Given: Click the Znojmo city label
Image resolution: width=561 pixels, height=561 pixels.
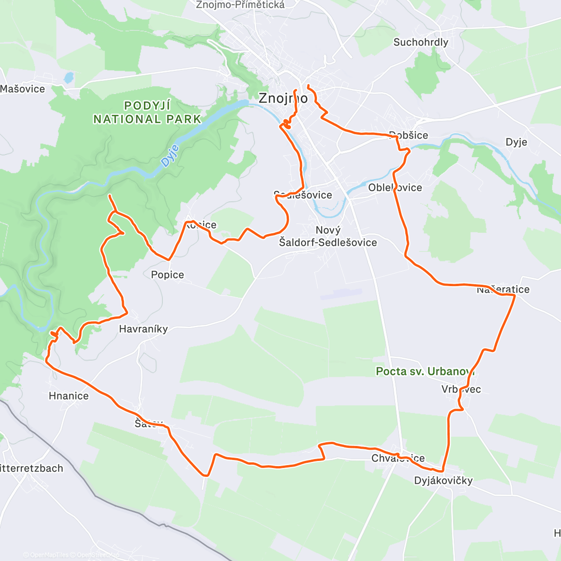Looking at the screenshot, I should coord(283,98).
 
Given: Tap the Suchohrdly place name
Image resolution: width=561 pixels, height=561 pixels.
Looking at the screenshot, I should coord(420,42).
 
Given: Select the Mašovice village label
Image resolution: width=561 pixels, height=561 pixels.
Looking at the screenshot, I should coord(22,89).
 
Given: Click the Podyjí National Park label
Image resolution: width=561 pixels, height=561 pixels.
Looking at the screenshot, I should coord(147,113).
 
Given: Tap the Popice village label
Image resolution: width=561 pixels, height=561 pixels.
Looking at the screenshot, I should coord(167,274).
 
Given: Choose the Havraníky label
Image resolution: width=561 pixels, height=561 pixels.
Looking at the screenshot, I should coord(143,329).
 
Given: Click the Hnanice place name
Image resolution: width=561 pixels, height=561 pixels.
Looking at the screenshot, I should coord(68,396).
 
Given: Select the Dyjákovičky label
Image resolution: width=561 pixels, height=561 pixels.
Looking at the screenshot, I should coord(443,480).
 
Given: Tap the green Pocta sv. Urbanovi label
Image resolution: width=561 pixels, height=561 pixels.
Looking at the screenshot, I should coord(424,371).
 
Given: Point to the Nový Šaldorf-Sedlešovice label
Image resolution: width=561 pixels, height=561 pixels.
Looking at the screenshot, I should coord(328,236).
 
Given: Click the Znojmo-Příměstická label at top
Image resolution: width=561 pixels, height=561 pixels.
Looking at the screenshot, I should coord(240,5).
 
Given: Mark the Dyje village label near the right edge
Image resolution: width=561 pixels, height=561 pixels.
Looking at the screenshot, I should coord(516,142).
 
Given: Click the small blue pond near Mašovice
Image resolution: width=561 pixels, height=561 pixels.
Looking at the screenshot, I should coord(69,77).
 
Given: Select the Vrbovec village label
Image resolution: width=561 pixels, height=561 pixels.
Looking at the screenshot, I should coord(461,389).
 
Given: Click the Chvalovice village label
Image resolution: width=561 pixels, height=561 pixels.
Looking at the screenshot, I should coord(398,458).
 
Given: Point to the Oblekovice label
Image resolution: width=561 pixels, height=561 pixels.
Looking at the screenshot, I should coord(395,187).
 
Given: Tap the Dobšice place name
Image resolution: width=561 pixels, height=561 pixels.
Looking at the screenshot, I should coord(409,135).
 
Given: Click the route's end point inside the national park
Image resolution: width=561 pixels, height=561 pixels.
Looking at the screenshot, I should coord(109,196).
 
